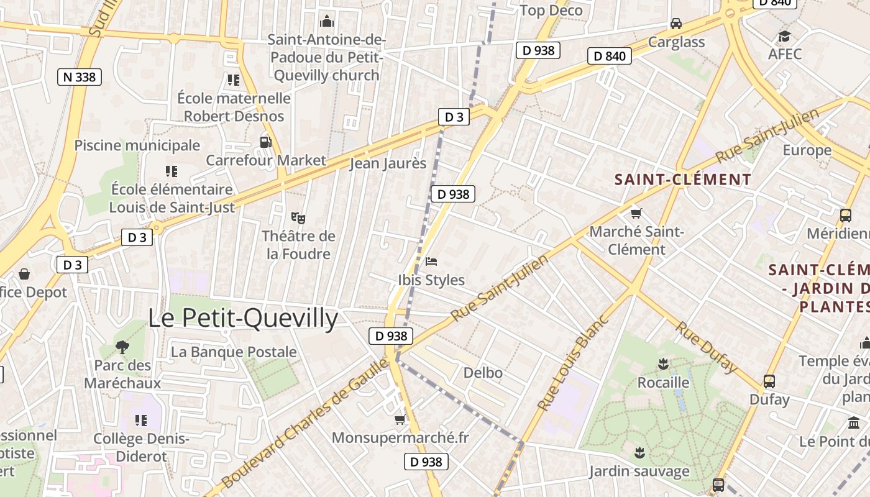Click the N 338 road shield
click(80, 77)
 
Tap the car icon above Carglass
click(676, 24)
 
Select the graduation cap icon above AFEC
click(784, 35)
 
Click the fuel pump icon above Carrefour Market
click(265, 142)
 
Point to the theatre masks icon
click(298, 217)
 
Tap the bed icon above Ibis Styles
click(431, 262)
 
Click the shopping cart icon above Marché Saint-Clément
click(636, 214)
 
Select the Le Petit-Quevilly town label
click(243, 318)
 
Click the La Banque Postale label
click(234, 352)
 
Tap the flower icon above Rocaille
click(663, 363)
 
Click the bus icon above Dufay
click(769, 381)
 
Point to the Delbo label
click(483, 373)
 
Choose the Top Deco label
click(551, 10)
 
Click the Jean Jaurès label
click(388, 163)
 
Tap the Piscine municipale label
click(137, 145)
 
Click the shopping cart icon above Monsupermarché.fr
click(400, 419)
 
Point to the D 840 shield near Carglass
click(610, 57)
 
